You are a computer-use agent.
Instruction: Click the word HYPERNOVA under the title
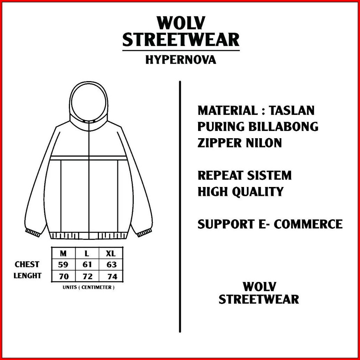tap(181, 60)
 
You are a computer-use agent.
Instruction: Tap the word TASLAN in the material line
tap(291, 110)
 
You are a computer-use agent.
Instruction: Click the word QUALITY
tap(258, 192)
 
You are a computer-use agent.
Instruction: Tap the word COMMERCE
tap(308, 224)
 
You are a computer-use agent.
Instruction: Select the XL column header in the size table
tap(111, 253)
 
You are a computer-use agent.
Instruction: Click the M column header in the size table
tap(63, 253)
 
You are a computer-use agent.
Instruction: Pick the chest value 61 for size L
tap(87, 265)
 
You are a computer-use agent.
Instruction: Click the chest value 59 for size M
tap(63, 265)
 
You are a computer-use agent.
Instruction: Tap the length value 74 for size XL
tap(112, 276)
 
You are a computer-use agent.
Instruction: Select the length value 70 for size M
tap(64, 276)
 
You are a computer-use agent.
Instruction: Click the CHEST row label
tap(27, 265)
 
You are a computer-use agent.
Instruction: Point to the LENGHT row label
tap(28, 275)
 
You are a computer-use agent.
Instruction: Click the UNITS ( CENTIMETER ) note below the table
tap(88, 287)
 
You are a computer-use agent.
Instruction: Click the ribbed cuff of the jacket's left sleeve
tap(32, 232)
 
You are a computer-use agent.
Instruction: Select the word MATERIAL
tap(228, 110)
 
